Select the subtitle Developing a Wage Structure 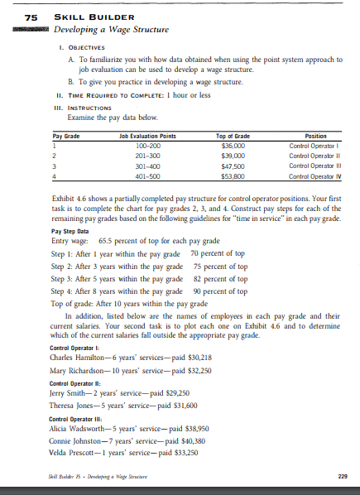[x=111, y=31]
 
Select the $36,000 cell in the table [x=228, y=145]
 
